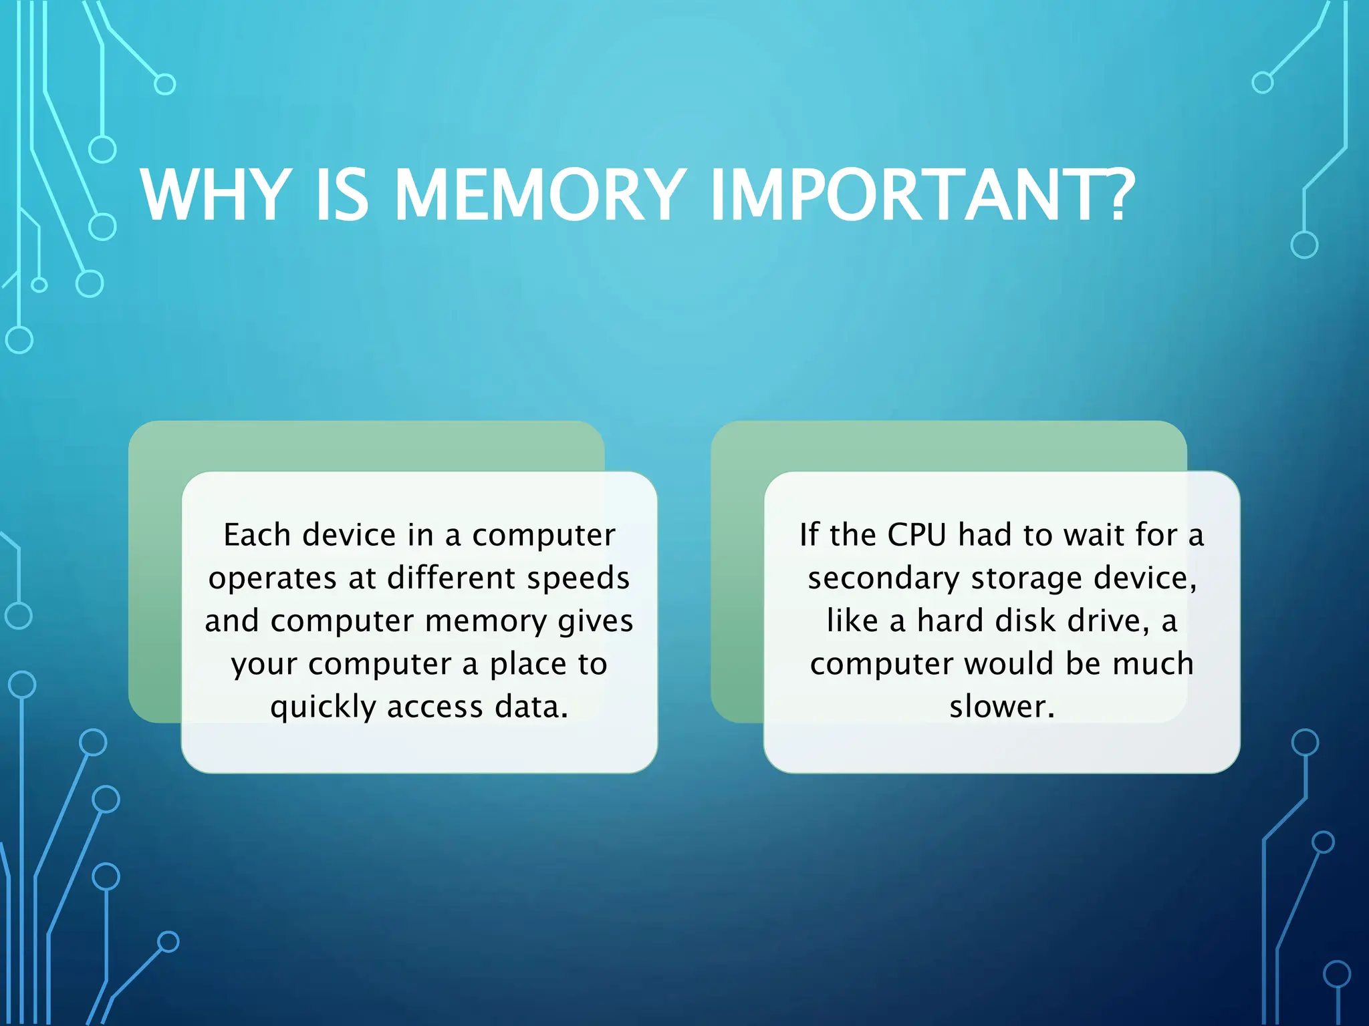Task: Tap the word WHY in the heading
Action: pos(215,195)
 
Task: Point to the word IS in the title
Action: pos(341,195)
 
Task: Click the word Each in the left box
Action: pos(257,535)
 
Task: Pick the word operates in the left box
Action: pos(272,578)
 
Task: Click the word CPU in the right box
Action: pos(916,535)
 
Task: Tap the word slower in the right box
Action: pos(998,707)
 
